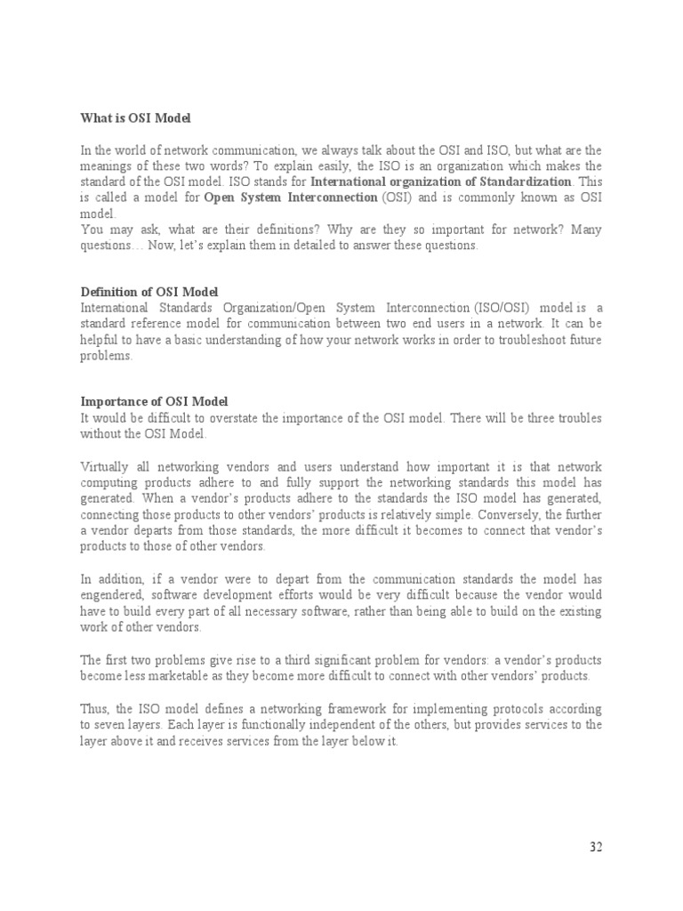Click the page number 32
[596, 847]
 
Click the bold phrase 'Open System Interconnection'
[291, 198]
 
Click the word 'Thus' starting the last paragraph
[95, 709]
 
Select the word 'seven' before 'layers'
[96, 725]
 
